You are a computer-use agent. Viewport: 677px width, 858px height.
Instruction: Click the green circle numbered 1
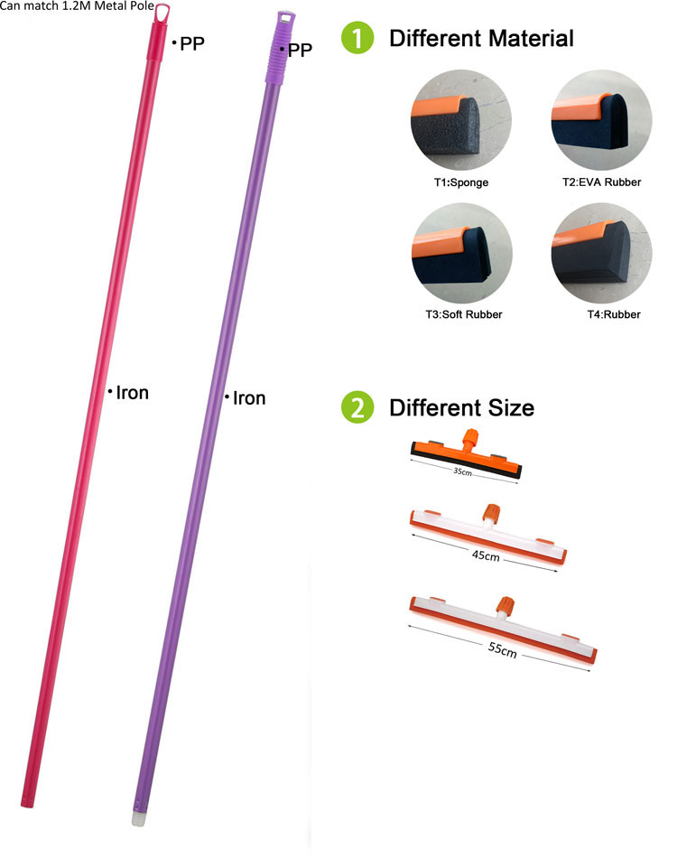[357, 38]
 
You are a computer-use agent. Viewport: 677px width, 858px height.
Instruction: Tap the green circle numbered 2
[357, 407]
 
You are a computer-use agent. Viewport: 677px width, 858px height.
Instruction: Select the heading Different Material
[481, 38]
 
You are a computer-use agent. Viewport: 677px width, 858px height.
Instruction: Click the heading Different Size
[461, 407]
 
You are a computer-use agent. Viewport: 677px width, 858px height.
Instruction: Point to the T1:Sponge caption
[461, 182]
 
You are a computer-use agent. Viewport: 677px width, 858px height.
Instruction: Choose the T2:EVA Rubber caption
[601, 182]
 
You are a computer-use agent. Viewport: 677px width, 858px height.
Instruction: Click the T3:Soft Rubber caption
[464, 314]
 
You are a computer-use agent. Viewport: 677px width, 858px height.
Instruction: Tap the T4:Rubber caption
[614, 314]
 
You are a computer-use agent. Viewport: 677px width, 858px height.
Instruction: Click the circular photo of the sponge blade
[461, 120]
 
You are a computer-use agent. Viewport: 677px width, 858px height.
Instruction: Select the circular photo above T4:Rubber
[601, 253]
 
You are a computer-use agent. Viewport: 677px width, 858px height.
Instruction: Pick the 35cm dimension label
[463, 471]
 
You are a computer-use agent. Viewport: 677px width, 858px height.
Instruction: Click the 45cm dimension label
[486, 555]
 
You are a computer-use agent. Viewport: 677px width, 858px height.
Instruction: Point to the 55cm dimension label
[502, 649]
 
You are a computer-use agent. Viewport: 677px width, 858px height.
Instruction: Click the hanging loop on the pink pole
[162, 14]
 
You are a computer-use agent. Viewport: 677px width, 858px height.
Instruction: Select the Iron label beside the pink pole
[133, 393]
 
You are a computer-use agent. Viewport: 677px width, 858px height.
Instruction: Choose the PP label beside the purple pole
[300, 51]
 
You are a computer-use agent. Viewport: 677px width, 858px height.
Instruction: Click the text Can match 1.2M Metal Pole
[77, 5]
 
